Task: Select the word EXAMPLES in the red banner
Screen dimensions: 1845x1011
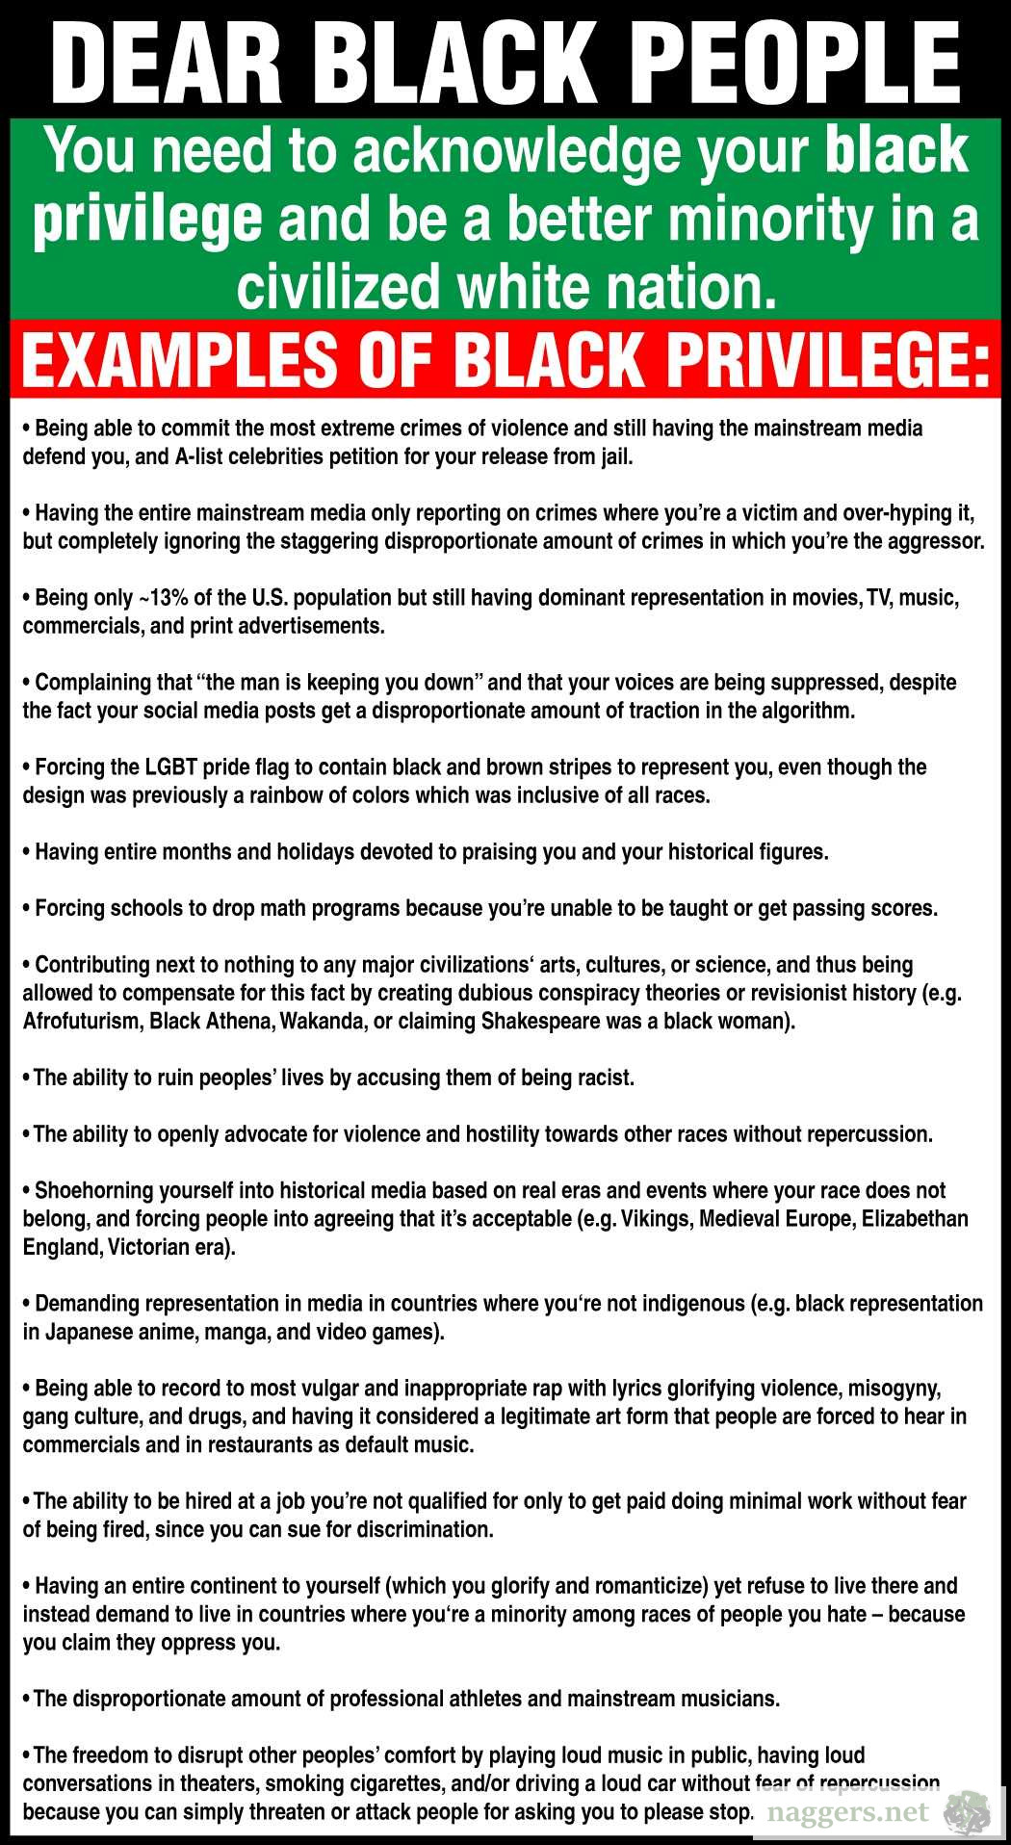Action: pyautogui.click(x=178, y=359)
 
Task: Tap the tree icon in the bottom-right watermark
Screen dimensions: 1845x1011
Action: pyautogui.click(x=967, y=1813)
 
